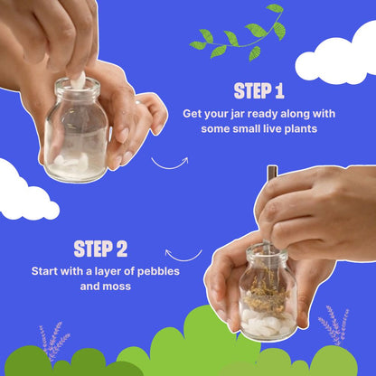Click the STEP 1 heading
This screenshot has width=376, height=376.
point(258,91)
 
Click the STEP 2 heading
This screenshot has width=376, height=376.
point(100,249)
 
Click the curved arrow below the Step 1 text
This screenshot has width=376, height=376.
point(169,165)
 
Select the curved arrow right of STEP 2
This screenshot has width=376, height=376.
point(183,254)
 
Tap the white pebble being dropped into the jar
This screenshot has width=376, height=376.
point(77,82)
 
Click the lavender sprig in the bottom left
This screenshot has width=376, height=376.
point(53,342)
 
